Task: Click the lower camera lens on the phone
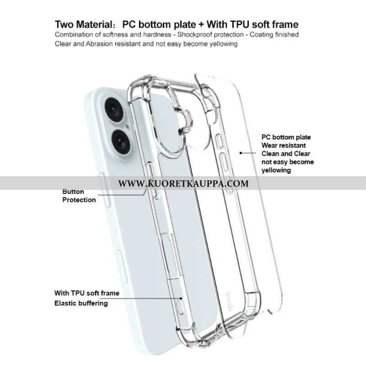[x=121, y=142]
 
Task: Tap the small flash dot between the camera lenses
[x=127, y=127]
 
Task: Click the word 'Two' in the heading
[x=65, y=25]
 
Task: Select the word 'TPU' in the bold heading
[x=240, y=24]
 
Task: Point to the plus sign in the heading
[x=201, y=25]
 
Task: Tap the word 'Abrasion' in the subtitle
[x=99, y=44]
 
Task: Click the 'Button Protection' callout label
[x=79, y=196]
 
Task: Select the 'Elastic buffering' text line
[x=81, y=303]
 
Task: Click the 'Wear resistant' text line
[x=284, y=145]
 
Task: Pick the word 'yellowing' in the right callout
[x=276, y=170]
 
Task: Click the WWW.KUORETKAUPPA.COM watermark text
[x=183, y=183]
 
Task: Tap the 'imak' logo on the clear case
[x=229, y=302]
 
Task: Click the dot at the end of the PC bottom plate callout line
[x=241, y=153]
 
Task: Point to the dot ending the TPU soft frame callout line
[x=181, y=298]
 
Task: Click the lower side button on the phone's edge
[x=122, y=267]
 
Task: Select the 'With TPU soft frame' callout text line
[x=87, y=293]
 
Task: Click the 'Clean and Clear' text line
[x=285, y=154]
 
